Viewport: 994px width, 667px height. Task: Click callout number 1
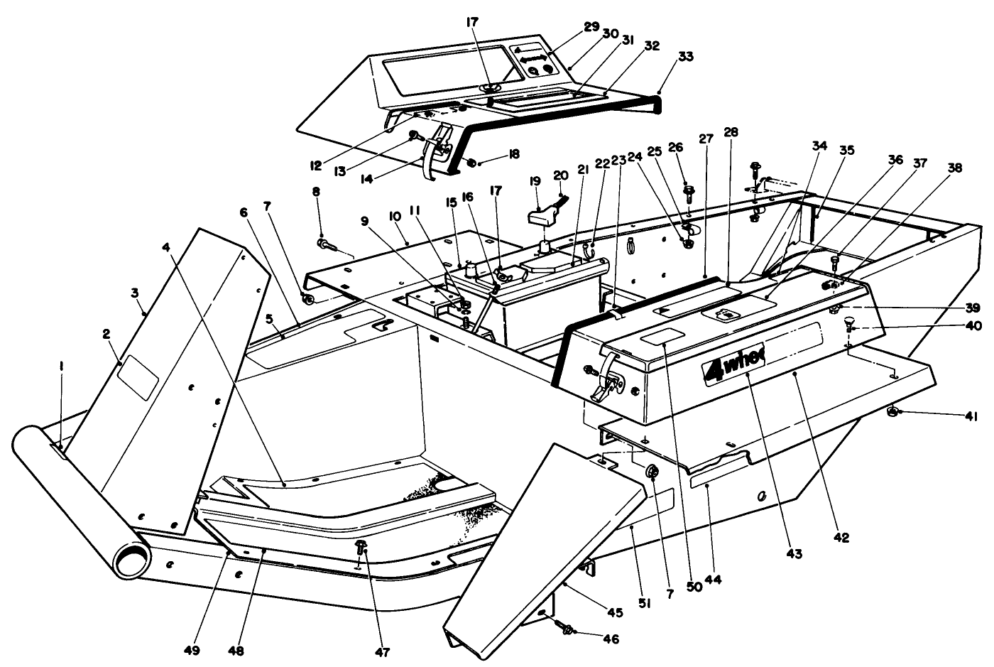62,367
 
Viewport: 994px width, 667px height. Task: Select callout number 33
667,55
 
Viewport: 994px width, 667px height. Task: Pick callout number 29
591,26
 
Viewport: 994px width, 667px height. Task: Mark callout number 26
675,147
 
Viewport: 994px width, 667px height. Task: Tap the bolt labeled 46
567,629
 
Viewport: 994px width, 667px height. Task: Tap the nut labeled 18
471,163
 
